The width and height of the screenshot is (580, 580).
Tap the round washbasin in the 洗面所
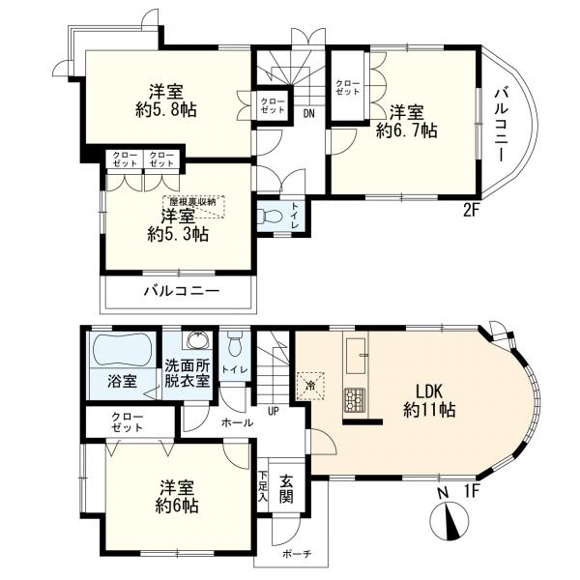198,340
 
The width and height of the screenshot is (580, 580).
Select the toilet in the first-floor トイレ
235,344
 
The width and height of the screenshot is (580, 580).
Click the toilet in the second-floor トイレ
270,216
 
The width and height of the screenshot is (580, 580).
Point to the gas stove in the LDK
355,400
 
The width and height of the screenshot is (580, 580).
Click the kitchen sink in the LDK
357,356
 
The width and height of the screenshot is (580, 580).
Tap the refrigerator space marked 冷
310,386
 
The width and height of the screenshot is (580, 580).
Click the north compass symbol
449,519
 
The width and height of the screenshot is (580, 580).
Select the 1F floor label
472,491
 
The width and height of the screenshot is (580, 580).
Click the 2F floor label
472,211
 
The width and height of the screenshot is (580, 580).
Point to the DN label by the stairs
309,113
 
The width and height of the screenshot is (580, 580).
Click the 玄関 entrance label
286,488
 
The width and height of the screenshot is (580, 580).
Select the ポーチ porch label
297,554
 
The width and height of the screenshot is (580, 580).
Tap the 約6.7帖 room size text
407,130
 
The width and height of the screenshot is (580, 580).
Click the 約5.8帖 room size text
166,110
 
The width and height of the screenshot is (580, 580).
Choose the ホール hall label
237,422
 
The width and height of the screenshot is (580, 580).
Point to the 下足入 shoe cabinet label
263,486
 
